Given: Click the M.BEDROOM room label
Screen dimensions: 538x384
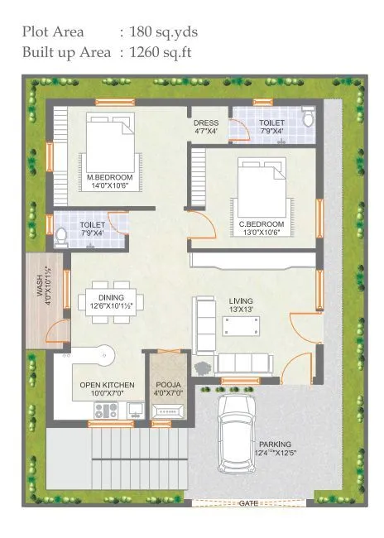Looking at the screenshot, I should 104,176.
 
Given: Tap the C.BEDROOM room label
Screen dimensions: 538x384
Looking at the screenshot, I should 262,224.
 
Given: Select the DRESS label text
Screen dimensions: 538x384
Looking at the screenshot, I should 206,123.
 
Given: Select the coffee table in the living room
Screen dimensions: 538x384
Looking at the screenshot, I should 240,326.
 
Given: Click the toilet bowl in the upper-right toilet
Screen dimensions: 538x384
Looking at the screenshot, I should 308,120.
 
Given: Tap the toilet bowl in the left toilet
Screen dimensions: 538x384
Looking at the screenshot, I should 60,238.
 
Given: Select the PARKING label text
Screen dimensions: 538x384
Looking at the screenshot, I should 274,444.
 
